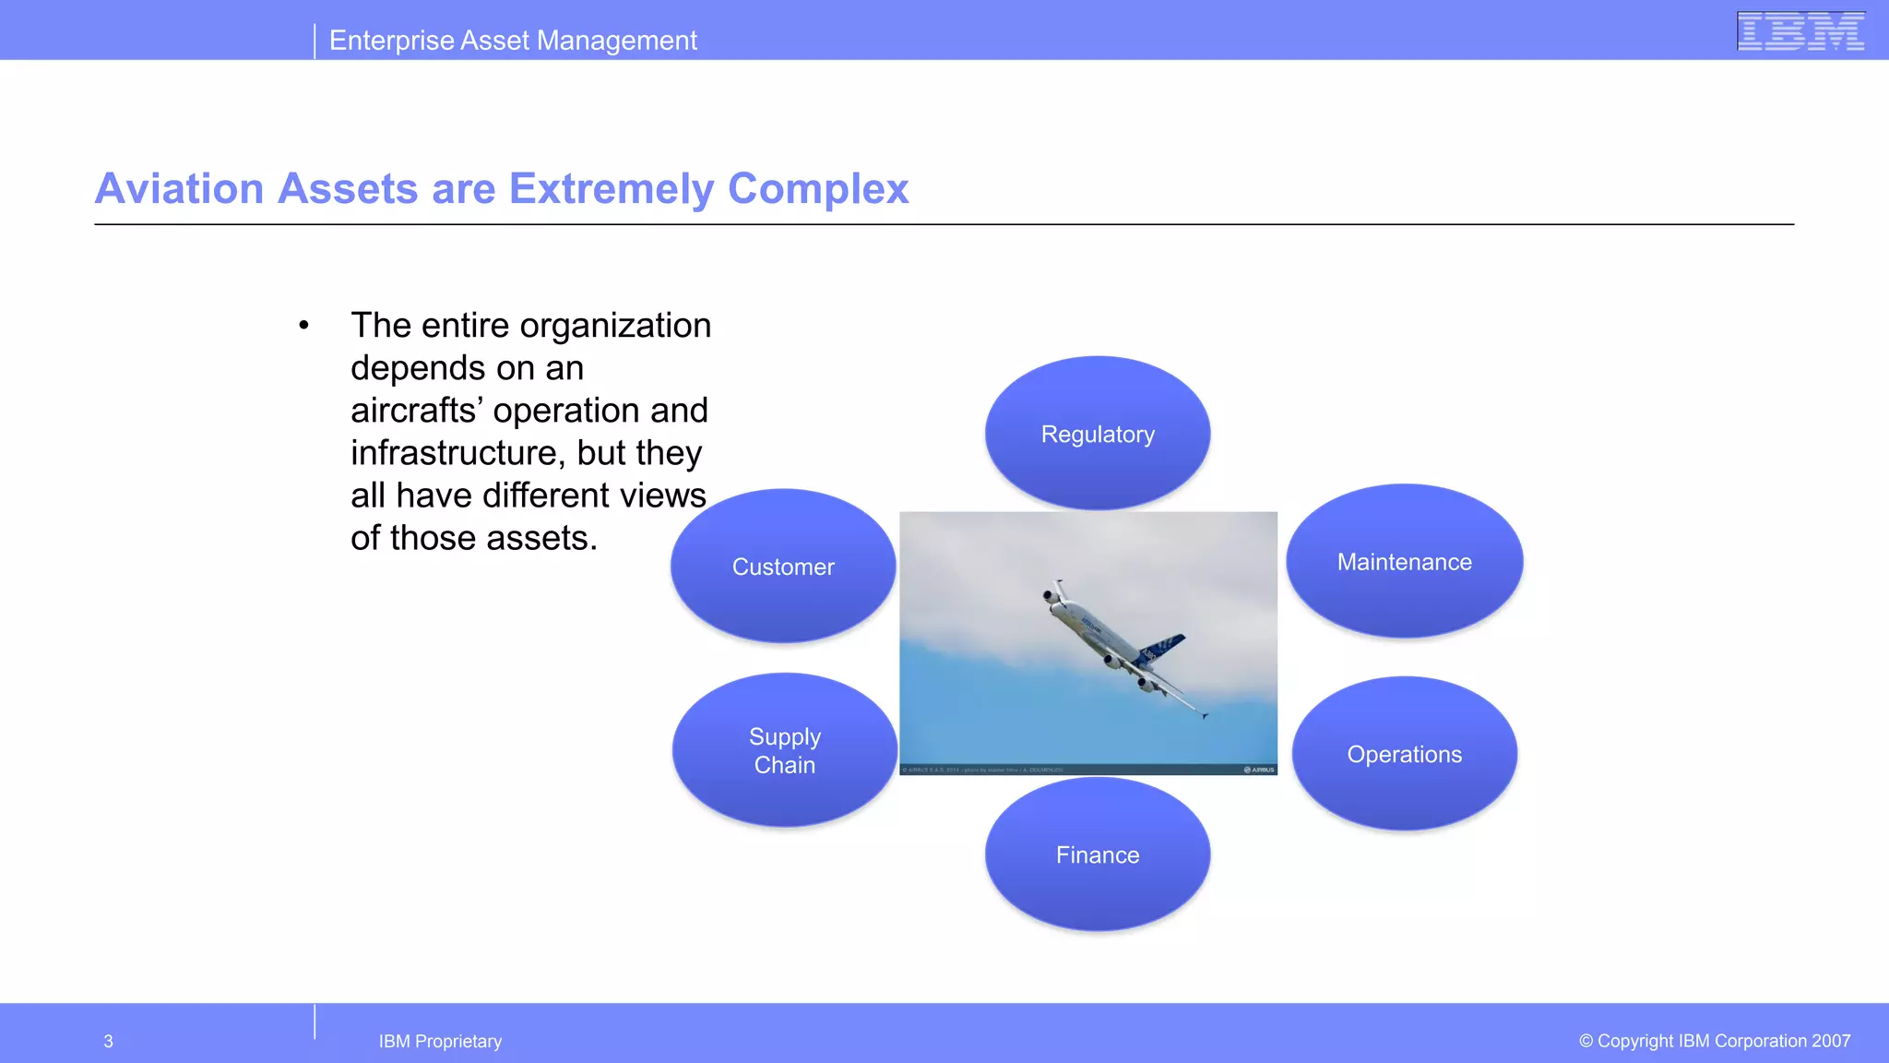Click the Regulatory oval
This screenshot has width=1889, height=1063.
pyautogui.click(x=1098, y=434)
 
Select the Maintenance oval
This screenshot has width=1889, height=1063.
pyautogui.click(x=1404, y=562)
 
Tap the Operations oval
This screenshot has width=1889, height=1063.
pyautogui.click(x=1404, y=754)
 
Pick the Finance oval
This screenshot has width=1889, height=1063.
pyautogui.click(x=1098, y=854)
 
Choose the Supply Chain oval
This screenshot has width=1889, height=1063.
pyautogui.click(x=785, y=750)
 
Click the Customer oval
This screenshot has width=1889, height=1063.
pyautogui.click(x=783, y=567)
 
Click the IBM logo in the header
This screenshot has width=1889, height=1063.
pyautogui.click(x=1800, y=30)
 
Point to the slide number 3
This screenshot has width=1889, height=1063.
pyautogui.click(x=108, y=1042)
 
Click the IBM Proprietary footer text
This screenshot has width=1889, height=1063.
pyautogui.click(x=440, y=1042)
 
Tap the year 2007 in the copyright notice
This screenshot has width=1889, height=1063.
pyautogui.click(x=1830, y=1041)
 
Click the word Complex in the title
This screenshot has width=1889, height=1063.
pyautogui.click(x=818, y=189)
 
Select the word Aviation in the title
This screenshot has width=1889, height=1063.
pyautogui.click(x=180, y=189)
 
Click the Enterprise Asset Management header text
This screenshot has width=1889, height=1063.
pyautogui.click(x=513, y=41)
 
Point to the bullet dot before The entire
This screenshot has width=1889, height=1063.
pyautogui.click(x=303, y=326)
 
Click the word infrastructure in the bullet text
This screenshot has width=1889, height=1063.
pyautogui.click(x=457, y=453)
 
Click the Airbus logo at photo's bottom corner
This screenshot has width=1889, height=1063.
pyautogui.click(x=1260, y=770)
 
